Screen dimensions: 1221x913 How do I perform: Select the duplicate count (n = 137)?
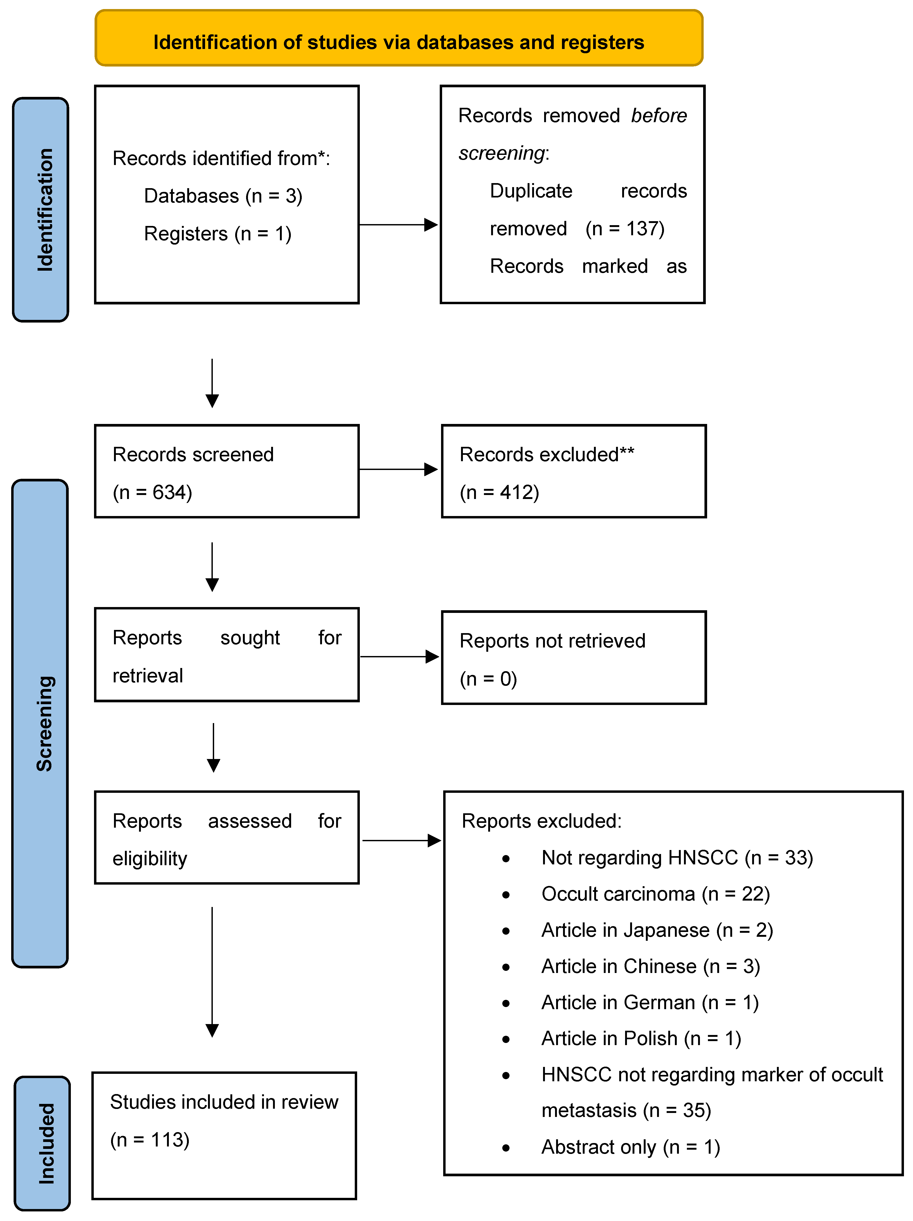coord(625,229)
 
